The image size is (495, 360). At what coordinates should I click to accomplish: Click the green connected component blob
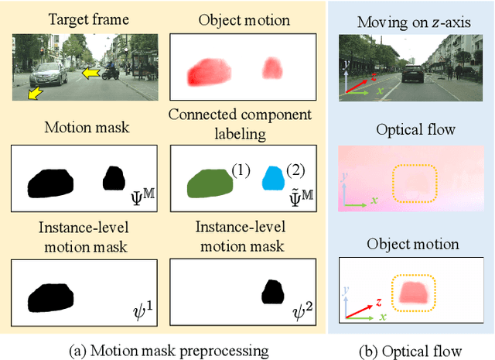coord(209,184)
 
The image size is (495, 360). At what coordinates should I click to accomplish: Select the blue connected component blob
coord(272,178)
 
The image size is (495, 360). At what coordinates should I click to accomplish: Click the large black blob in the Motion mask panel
coord(51,183)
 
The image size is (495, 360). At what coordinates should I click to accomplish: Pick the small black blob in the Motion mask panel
coord(114,179)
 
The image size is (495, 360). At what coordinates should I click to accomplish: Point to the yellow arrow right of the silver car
coord(92,74)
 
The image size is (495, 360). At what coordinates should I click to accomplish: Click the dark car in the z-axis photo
coord(412,73)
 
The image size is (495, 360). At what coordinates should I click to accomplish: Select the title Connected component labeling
coord(240,123)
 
